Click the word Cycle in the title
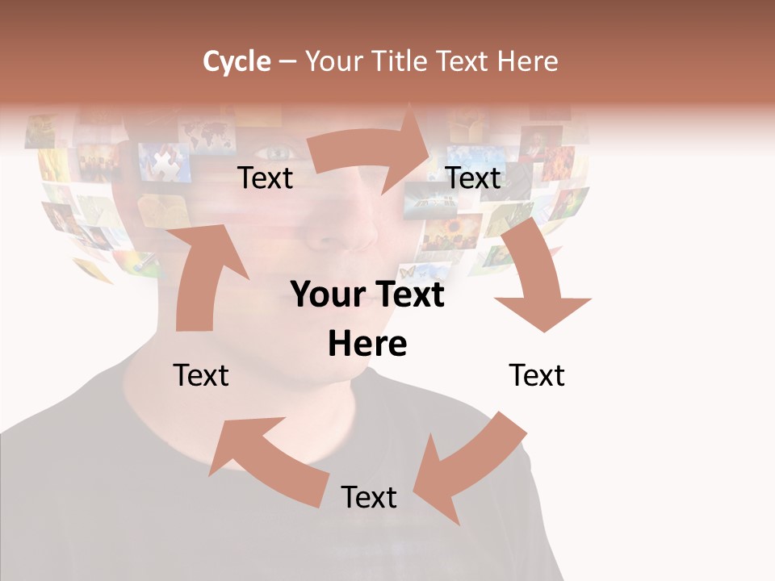[x=237, y=61]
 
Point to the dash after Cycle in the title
[x=287, y=62]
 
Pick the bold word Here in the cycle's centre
[x=367, y=344]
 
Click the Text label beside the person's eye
[x=266, y=178]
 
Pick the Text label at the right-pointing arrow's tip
[x=474, y=178]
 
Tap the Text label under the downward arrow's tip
[x=537, y=375]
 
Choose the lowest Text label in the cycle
[x=369, y=497]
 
